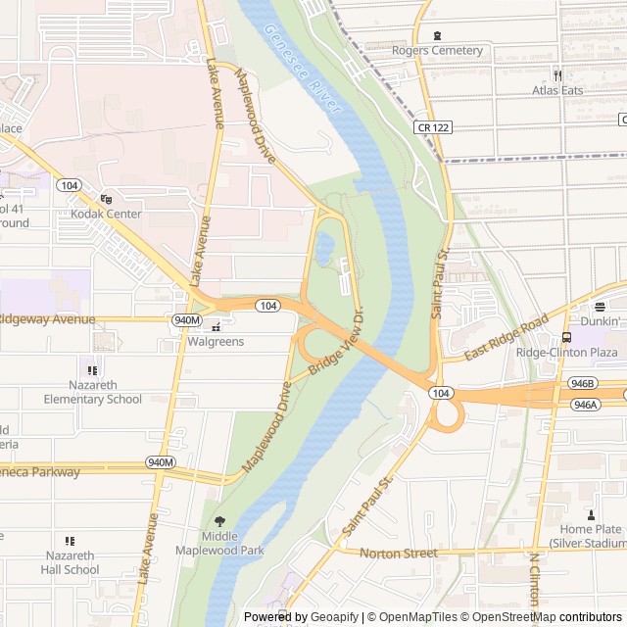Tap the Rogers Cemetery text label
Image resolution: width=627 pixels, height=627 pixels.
(437, 50)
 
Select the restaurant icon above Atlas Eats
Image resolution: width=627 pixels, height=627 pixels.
(557, 75)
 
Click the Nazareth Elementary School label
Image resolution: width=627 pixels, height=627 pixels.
(92, 392)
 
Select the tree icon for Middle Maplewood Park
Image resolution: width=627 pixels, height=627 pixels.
(219, 521)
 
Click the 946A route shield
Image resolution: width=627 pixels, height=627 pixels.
(585, 404)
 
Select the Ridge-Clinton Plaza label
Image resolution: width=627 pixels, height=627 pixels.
(566, 353)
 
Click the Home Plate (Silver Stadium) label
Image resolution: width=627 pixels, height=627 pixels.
(588, 536)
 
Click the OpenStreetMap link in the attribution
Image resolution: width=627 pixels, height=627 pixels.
(520, 617)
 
